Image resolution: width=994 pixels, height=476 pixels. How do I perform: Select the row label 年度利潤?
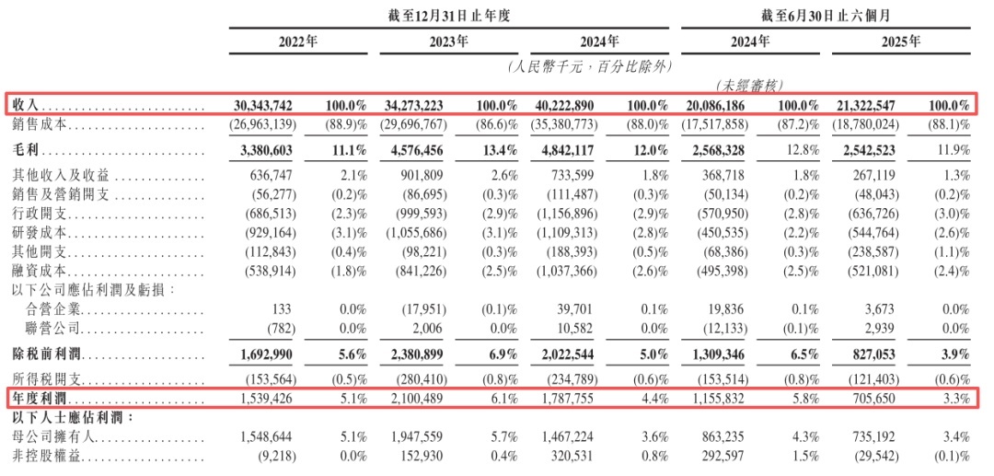pos(36,398)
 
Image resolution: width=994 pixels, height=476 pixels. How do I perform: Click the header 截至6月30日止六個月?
pos(825,16)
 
